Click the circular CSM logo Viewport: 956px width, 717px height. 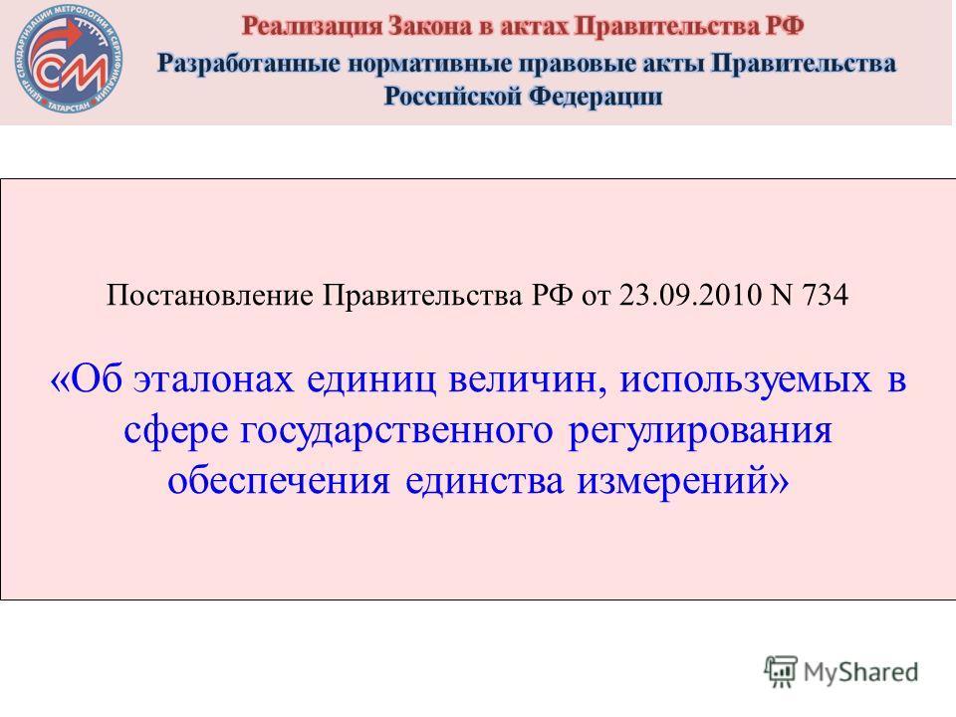point(69,59)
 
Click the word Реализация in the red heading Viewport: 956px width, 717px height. point(311,27)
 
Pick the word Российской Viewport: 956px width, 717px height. point(451,97)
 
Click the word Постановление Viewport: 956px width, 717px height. point(210,295)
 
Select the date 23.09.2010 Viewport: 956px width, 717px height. point(690,295)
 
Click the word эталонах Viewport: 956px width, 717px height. point(214,379)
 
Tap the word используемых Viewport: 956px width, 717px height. point(746,380)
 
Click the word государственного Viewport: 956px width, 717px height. point(396,430)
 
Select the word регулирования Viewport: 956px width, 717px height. point(700,431)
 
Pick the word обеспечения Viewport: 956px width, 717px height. point(279,481)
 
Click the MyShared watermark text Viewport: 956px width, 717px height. point(860,672)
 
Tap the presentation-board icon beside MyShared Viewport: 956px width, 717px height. point(781,671)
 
